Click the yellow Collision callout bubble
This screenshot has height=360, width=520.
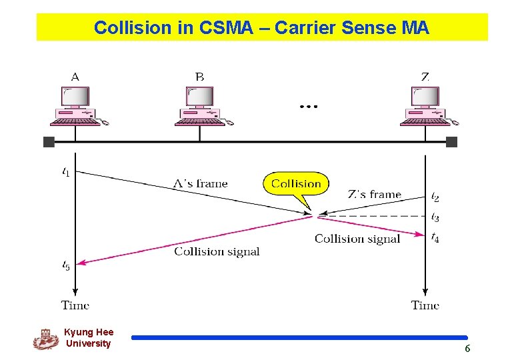pos(297,184)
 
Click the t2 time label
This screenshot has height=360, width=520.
pos(435,197)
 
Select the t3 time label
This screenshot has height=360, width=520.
pos(435,217)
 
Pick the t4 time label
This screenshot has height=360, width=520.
pos(435,237)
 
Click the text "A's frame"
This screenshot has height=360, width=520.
pos(200,183)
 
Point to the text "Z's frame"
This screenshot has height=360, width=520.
pos(374,195)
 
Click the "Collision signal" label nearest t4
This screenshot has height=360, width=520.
pos(357,239)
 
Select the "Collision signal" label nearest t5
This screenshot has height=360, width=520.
pos(217,251)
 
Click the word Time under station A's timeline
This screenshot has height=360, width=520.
pos(75,305)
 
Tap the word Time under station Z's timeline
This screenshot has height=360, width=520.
pos(425,305)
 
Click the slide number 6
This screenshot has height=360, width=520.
pos(467,349)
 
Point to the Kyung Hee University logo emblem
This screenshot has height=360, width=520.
pos(45,339)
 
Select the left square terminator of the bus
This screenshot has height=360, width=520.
pos(49,141)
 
